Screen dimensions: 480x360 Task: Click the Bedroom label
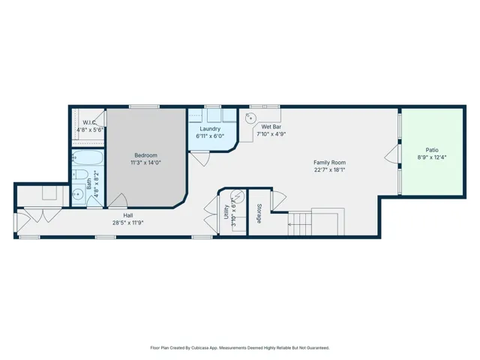tap(145, 155)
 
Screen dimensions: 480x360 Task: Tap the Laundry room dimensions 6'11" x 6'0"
tap(210, 136)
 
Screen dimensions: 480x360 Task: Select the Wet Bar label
tap(271, 127)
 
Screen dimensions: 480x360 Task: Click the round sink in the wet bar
tap(251, 118)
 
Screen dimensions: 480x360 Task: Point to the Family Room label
tap(330, 163)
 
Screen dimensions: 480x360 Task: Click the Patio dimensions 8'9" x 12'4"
tap(432, 157)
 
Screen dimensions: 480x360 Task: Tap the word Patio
tap(432, 150)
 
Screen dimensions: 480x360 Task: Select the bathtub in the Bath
tap(88, 157)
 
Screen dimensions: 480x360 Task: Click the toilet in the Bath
tap(80, 175)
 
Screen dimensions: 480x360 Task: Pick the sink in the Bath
tap(78, 193)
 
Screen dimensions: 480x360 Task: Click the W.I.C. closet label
tap(89, 122)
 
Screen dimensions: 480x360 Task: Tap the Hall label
tap(128, 215)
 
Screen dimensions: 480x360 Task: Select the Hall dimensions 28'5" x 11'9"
tap(128, 223)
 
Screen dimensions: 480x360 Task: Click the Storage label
tap(259, 213)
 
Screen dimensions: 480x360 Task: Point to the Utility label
tap(226, 211)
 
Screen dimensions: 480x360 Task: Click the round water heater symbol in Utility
tap(238, 196)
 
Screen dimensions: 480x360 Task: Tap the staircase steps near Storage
tap(300, 224)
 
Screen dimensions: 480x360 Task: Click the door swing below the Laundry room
tap(200, 158)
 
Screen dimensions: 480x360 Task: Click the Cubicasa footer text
tap(240, 348)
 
